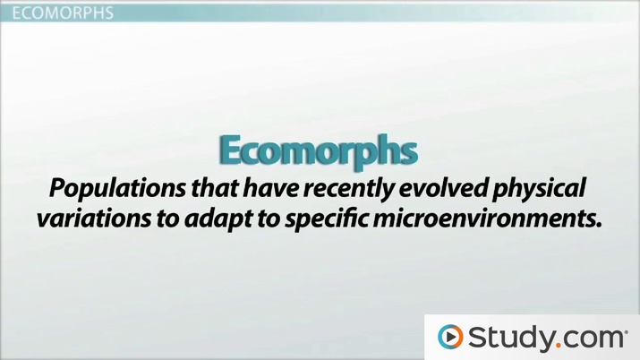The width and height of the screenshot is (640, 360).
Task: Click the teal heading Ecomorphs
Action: pos(318,150)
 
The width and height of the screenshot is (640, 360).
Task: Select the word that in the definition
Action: pos(195,190)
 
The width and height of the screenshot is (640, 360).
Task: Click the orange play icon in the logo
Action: pos(450,337)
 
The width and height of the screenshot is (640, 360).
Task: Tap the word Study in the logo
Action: pos(508,337)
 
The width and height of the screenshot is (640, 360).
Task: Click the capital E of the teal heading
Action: pos(231,150)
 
